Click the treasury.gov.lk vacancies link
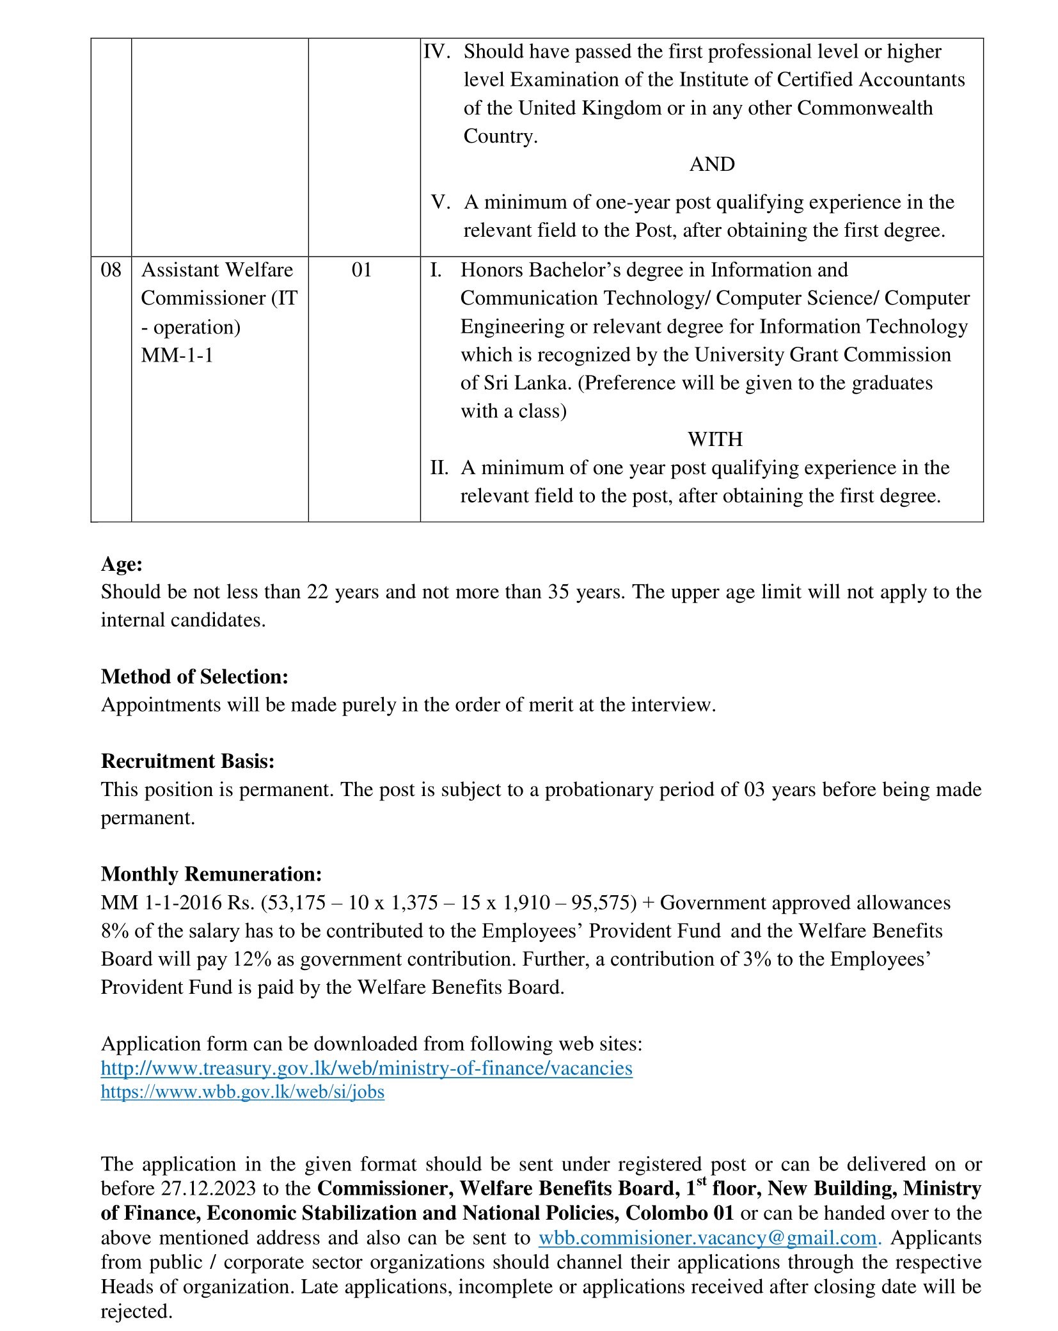pos(367,1068)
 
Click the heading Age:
pos(122,564)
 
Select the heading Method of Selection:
pos(194,676)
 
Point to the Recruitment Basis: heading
pos(187,761)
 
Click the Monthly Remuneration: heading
pos(211,873)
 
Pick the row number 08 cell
pos(111,270)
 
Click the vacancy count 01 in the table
pos(361,270)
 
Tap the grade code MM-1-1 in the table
pos(177,355)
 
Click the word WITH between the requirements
pos(715,439)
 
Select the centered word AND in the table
pos(712,164)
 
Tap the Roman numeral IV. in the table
pos(438,51)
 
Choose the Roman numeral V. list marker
pos(441,202)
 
